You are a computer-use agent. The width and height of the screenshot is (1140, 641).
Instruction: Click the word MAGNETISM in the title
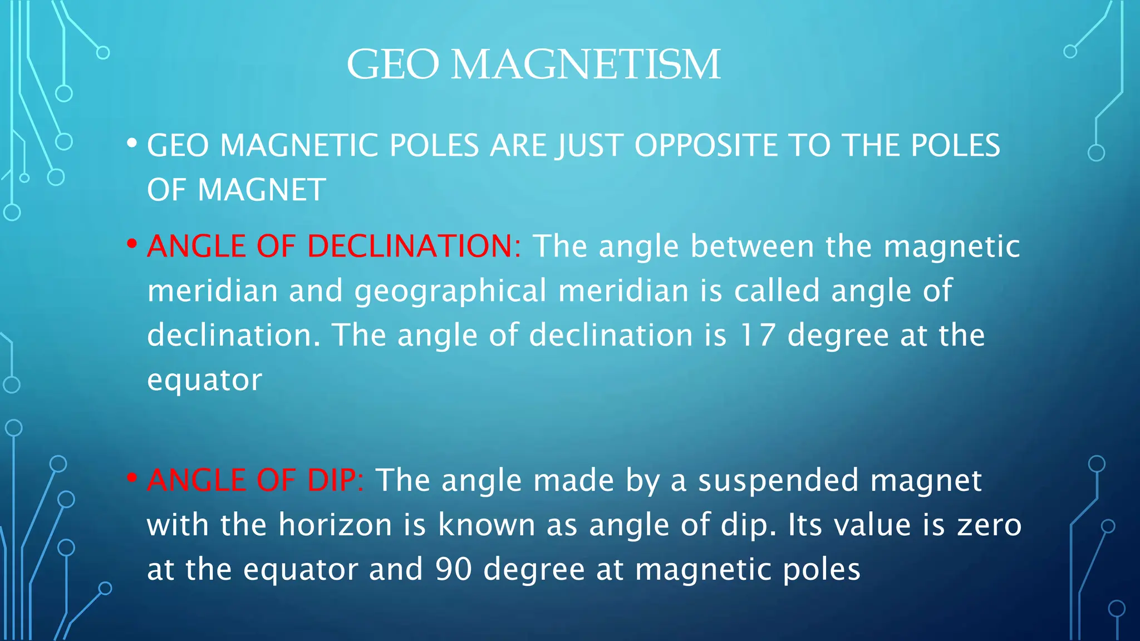tap(586, 65)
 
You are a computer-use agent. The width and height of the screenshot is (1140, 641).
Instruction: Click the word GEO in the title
tap(393, 65)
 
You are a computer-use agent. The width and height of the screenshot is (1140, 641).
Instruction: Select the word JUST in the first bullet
tap(590, 146)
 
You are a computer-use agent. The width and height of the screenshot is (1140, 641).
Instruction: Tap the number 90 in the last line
tap(454, 569)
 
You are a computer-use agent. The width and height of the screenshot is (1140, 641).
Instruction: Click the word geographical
tap(451, 292)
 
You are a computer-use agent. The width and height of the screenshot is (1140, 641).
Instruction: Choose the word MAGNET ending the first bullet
tap(262, 190)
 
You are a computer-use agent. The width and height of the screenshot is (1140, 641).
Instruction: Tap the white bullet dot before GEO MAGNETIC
tap(132, 144)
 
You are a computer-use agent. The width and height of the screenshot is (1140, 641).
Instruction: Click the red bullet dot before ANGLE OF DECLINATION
tap(132, 244)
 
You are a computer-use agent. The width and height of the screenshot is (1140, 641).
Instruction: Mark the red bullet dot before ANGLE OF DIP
tap(132, 478)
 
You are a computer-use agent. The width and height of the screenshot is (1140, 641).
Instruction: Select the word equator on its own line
tap(204, 380)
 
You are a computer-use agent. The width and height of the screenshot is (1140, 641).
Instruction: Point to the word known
tap(487, 525)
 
